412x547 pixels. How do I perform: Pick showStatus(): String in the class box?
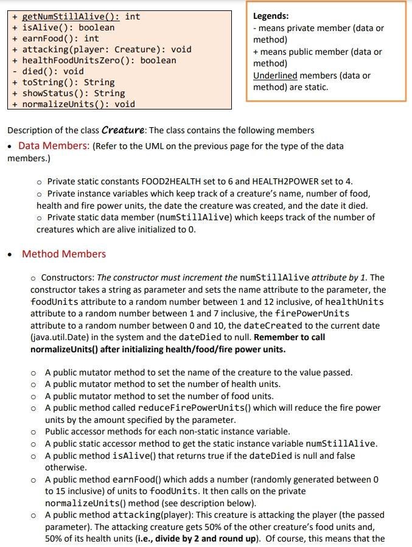73,93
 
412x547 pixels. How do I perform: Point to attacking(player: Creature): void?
106,49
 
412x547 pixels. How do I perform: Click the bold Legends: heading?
271,16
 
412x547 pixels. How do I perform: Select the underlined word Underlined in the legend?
275,75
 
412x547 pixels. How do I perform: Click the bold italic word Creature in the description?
124,130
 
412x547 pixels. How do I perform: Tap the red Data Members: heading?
54,146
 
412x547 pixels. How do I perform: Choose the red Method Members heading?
64,254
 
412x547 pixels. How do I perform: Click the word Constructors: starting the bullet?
68,277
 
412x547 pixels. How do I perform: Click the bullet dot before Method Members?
9,254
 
